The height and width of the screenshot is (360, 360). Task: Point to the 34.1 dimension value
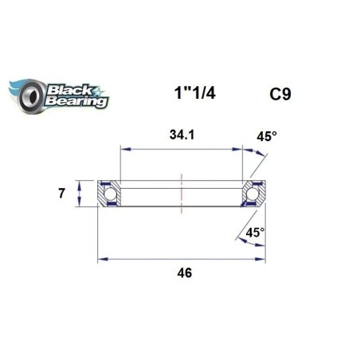tap(182, 134)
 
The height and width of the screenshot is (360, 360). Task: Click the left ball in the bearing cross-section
tap(109, 194)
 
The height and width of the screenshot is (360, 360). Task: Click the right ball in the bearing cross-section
tap(255, 194)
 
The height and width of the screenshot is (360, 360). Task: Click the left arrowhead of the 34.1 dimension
tap(124, 147)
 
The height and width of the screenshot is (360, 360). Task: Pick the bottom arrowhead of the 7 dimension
tap(80, 205)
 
